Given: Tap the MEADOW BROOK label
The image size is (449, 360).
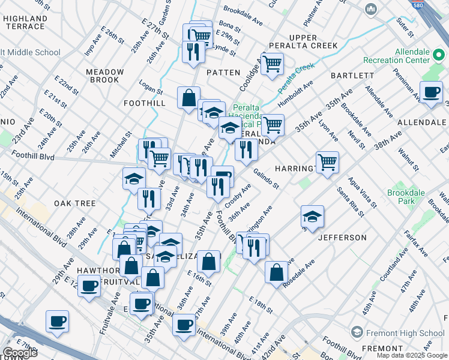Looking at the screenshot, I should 104,76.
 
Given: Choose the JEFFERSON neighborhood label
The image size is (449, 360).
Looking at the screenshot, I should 342,238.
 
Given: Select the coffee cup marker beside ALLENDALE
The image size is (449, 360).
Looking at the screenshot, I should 431,93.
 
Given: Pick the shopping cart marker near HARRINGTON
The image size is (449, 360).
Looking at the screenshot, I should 327,161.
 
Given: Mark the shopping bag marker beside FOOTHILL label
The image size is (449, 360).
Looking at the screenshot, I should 188,97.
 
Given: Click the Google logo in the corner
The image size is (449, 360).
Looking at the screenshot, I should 20,353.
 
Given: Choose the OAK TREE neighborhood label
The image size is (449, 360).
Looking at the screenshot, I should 75,203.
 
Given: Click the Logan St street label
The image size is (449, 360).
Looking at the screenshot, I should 152,91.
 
